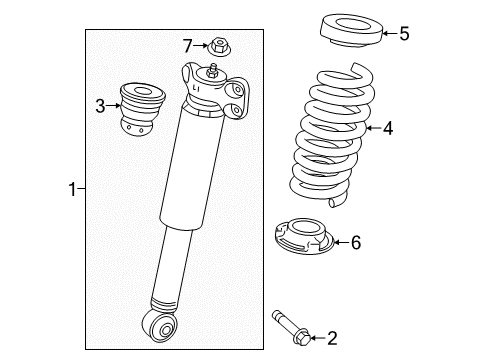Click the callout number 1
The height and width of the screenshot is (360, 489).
click(71, 187)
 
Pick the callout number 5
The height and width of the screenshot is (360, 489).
click(404, 34)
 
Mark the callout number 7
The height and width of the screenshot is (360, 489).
click(186, 44)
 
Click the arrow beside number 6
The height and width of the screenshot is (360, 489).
click(338, 241)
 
